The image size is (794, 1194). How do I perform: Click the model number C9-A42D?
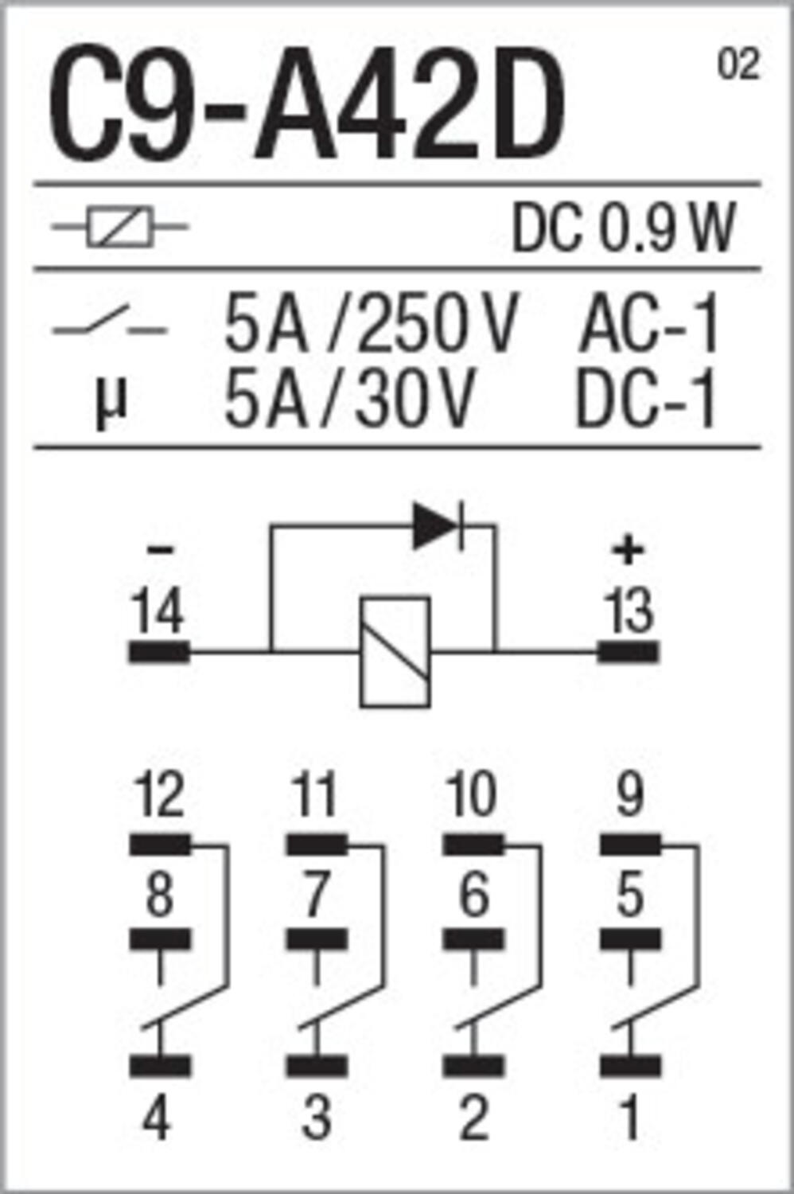pyautogui.click(x=306, y=103)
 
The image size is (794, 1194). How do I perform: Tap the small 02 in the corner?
pyautogui.click(x=738, y=64)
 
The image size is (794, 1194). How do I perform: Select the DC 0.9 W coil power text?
pyautogui.click(x=624, y=228)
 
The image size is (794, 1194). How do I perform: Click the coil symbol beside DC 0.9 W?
pyautogui.click(x=120, y=227)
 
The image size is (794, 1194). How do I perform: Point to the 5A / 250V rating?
pyautogui.click(x=371, y=324)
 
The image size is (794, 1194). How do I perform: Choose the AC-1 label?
pyautogui.click(x=649, y=324)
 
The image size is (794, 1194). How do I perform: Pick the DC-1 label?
pyautogui.click(x=644, y=399)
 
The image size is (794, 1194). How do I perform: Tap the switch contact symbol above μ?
pyautogui.click(x=109, y=321)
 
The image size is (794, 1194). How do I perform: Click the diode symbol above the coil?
pyautogui.click(x=438, y=526)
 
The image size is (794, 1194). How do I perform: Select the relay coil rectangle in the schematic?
pyautogui.click(x=395, y=653)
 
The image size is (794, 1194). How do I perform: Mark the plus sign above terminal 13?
pyautogui.click(x=629, y=552)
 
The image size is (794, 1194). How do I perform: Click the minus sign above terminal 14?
pyautogui.click(x=159, y=550)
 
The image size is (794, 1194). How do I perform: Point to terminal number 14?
pyautogui.click(x=159, y=611)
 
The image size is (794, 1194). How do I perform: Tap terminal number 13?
pyautogui.click(x=629, y=611)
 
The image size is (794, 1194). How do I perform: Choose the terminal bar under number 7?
pyautogui.click(x=317, y=939)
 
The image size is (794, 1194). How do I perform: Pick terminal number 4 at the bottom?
pyautogui.click(x=158, y=1118)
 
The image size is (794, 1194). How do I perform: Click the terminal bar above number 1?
pyautogui.click(x=630, y=1066)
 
